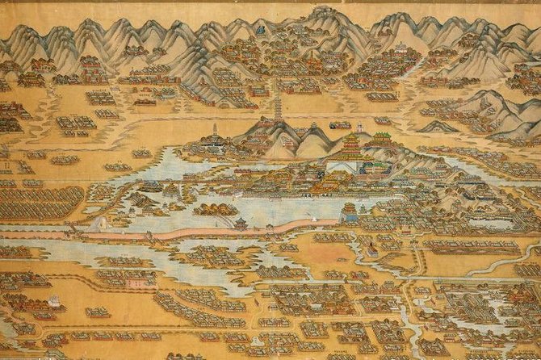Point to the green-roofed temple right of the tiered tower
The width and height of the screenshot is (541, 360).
coord(380,139)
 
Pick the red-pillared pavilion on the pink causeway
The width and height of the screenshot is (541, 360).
coord(240,223)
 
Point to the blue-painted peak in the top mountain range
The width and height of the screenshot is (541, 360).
coord(261,30)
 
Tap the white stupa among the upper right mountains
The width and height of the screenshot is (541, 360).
coord(398,48)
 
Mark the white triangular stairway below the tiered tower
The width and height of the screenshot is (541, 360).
coord(339,167)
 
